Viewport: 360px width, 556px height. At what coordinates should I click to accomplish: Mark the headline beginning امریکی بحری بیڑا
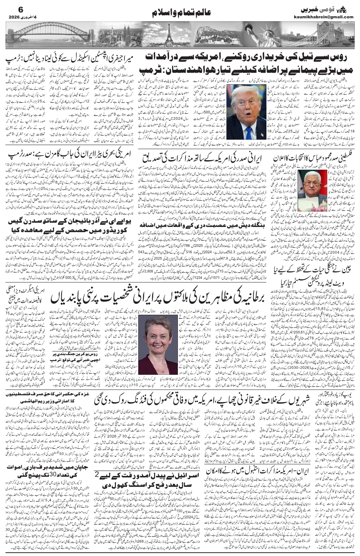pyautogui.click(x=73, y=157)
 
